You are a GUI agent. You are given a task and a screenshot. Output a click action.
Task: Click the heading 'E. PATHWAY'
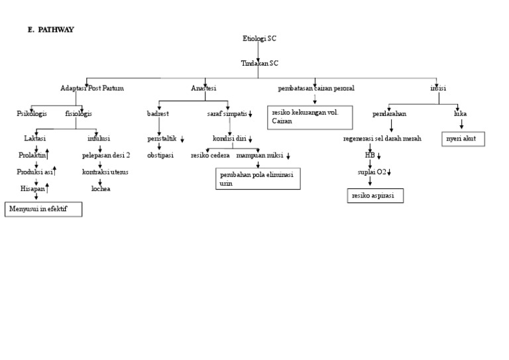pyautogui.click(x=52, y=30)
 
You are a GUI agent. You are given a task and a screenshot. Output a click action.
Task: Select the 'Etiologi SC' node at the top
pyautogui.click(x=260, y=38)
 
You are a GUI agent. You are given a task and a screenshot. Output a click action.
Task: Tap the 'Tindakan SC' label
pyautogui.click(x=260, y=64)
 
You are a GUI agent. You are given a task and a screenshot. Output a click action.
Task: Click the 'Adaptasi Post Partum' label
pyautogui.click(x=92, y=88)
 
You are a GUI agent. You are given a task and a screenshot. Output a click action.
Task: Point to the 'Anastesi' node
pyautogui.click(x=203, y=88)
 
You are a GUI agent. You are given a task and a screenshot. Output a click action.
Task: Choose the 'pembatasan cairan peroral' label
pyautogui.click(x=316, y=88)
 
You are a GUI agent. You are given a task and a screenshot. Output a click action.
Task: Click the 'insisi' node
pyautogui.click(x=438, y=88)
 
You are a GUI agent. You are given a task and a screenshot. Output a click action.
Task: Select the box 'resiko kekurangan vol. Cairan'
pyautogui.click(x=310, y=117)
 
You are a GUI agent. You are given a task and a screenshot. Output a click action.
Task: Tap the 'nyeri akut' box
pyautogui.click(x=463, y=139)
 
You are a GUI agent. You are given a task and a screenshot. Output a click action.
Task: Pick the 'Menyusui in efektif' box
pyautogui.click(x=44, y=210)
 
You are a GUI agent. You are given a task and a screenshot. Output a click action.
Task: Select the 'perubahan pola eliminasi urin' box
pyautogui.click(x=258, y=178)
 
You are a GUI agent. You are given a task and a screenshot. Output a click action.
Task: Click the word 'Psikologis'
pyautogui.click(x=32, y=113)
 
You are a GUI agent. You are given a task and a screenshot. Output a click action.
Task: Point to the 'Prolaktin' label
pyautogui.click(x=32, y=155)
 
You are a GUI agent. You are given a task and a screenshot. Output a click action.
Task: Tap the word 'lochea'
pyautogui.click(x=101, y=189)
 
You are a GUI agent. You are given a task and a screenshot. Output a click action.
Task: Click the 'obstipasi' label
pyautogui.click(x=160, y=155)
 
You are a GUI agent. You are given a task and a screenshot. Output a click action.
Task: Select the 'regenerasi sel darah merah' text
pyautogui.click(x=382, y=139)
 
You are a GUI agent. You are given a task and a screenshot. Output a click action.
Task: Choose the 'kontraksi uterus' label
pyautogui.click(x=105, y=172)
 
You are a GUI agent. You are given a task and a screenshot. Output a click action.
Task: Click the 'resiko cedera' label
pyautogui.click(x=210, y=155)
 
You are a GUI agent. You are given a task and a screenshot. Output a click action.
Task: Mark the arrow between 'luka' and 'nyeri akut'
pyautogui.click(x=461, y=124)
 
